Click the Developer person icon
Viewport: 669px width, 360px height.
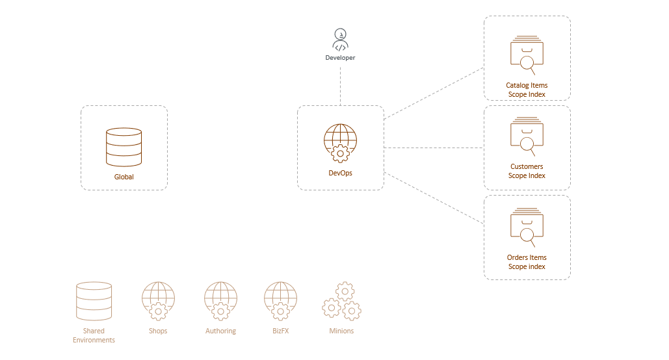pos(340,40)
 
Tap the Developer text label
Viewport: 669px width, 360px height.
pos(340,58)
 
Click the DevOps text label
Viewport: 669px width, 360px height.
pos(340,173)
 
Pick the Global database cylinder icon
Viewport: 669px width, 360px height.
pos(124,147)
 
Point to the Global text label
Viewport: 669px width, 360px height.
pos(124,177)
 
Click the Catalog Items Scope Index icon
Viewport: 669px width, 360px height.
pos(527,55)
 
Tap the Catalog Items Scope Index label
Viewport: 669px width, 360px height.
pos(527,90)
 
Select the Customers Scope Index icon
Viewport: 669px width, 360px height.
pos(527,136)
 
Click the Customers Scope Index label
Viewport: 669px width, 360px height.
pos(527,171)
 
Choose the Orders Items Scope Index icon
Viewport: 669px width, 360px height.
pos(527,227)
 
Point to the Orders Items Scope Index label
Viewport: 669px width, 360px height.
pos(527,262)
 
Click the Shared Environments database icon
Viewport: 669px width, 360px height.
pos(94,301)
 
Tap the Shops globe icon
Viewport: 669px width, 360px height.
pos(158,301)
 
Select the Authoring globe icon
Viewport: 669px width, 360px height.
pos(220,301)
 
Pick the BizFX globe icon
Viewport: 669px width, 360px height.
pos(280,301)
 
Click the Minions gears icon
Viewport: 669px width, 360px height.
pos(341,301)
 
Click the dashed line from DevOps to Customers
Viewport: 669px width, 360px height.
pos(434,148)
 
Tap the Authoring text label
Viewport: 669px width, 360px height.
pos(220,331)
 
